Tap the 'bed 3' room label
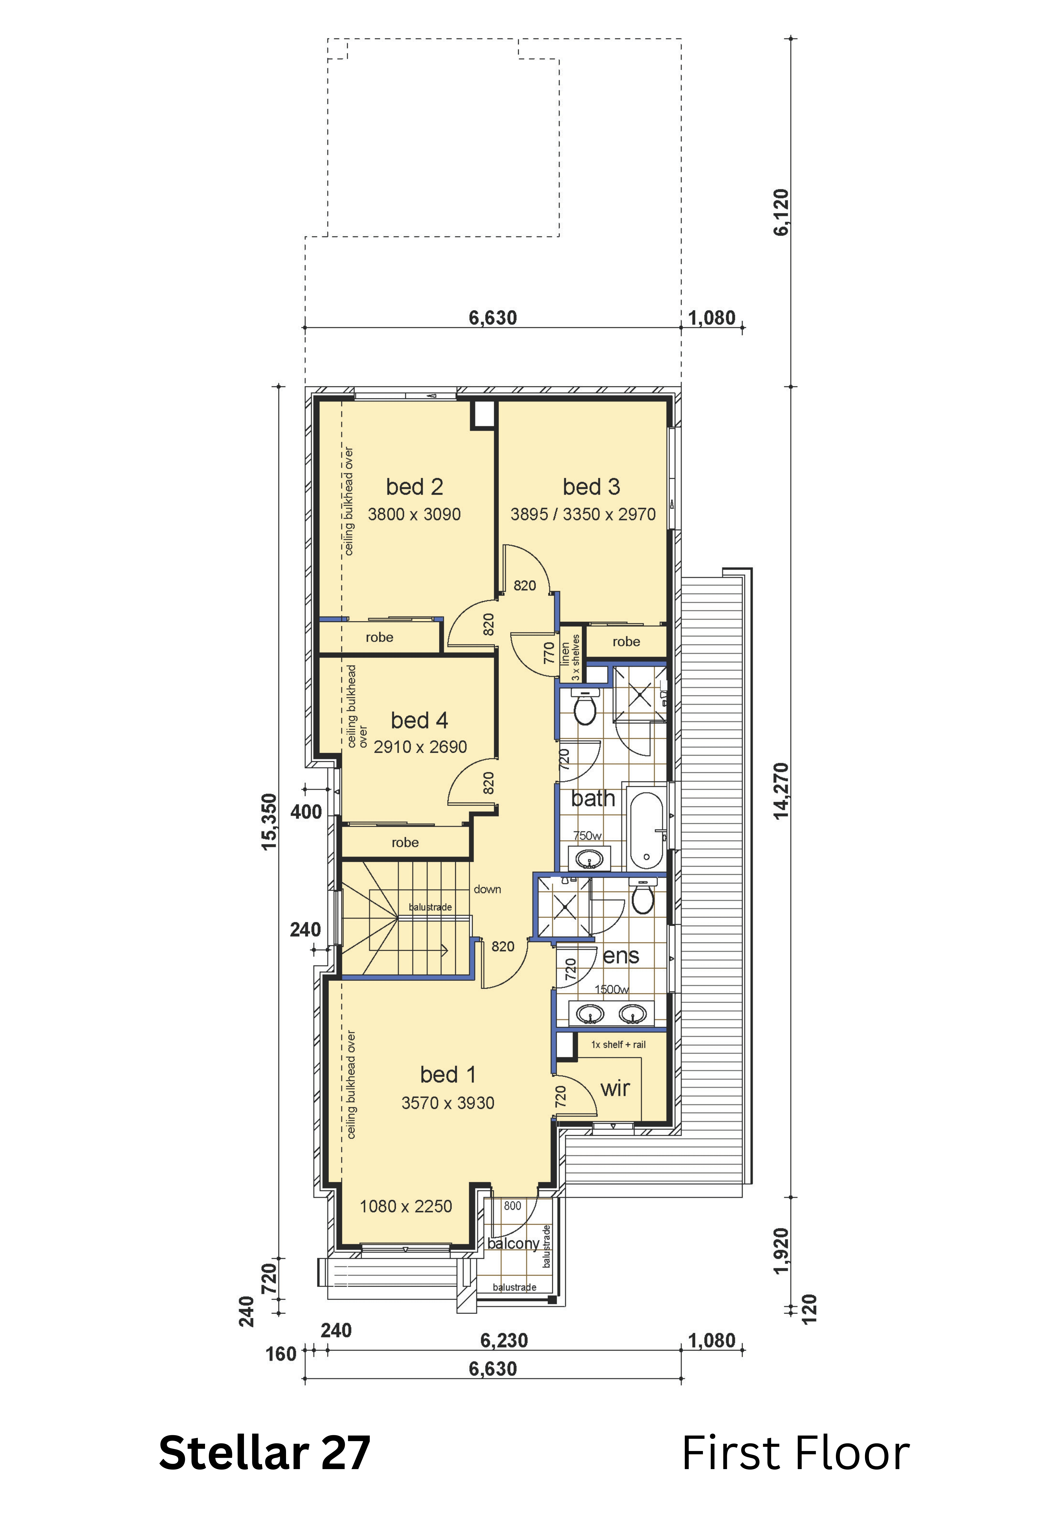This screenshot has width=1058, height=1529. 591,487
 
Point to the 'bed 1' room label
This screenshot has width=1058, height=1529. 448,1075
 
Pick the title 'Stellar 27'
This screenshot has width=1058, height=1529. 264,1453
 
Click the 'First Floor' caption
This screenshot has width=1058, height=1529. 796,1453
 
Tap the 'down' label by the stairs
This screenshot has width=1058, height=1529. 487,890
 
